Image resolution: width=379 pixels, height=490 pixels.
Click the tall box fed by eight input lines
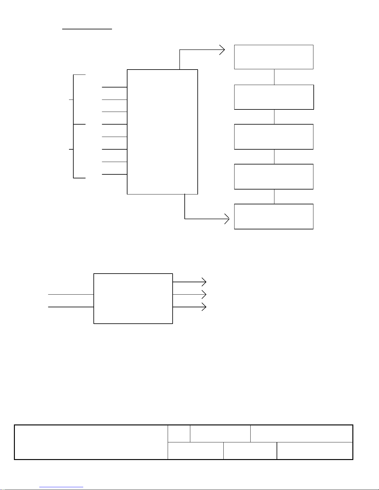pyautogui.click(x=162, y=132)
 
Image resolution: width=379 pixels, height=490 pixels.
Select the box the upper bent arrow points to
pyautogui.click(x=274, y=57)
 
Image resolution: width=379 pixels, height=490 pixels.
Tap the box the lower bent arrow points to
pyautogui.click(x=274, y=216)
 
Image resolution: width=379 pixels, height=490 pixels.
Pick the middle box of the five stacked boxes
pyautogui.click(x=274, y=137)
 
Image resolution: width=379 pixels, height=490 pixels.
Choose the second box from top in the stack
pyautogui.click(x=274, y=97)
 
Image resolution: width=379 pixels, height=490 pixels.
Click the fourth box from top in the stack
pyautogui.click(x=274, y=177)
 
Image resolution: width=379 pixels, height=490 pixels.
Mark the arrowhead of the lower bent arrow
pyautogui.click(x=228, y=219)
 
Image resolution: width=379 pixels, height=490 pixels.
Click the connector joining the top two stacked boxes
pyautogui.click(x=274, y=77)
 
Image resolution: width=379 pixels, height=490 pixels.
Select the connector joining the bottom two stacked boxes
pyautogui.click(x=274, y=197)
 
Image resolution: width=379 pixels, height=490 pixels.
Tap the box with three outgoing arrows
pyautogui.click(x=133, y=299)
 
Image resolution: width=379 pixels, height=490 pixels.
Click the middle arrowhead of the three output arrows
pyautogui.click(x=204, y=294)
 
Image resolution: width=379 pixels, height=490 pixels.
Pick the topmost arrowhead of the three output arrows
pyautogui.click(x=204, y=282)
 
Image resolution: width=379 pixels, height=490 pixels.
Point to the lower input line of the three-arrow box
pyautogui.click(x=71, y=307)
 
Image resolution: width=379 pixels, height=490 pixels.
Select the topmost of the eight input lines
pyautogui.click(x=114, y=87)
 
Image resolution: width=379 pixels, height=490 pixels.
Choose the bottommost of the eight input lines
pyautogui.click(x=114, y=174)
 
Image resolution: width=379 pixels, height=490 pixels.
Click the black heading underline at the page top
pyautogui.click(x=87, y=29)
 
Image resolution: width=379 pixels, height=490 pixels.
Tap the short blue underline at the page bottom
pyautogui.click(x=62, y=487)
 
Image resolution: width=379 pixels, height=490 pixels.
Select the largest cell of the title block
pyautogui.click(x=91, y=442)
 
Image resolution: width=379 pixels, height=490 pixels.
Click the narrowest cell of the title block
pyautogui.click(x=179, y=433)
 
